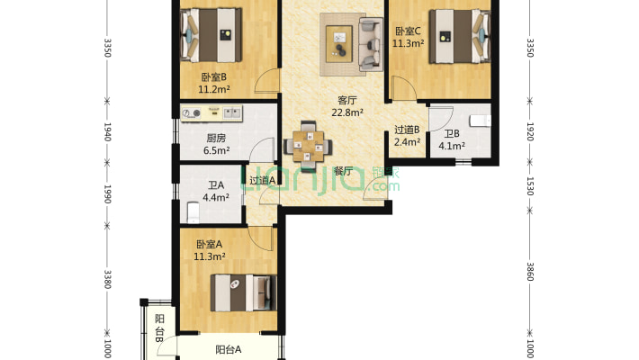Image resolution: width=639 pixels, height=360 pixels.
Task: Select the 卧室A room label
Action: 209,244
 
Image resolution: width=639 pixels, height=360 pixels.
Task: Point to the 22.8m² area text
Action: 347,112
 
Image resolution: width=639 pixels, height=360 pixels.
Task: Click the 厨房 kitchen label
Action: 215,139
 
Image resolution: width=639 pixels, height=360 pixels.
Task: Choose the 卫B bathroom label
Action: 450,134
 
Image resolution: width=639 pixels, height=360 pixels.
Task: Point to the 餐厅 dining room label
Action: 342,171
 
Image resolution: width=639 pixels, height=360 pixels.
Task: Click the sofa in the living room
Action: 371,43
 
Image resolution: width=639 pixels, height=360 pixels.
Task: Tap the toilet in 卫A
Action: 191,212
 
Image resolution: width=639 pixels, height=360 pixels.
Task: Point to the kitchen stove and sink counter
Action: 212,113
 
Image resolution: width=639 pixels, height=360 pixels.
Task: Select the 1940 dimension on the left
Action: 107,132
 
